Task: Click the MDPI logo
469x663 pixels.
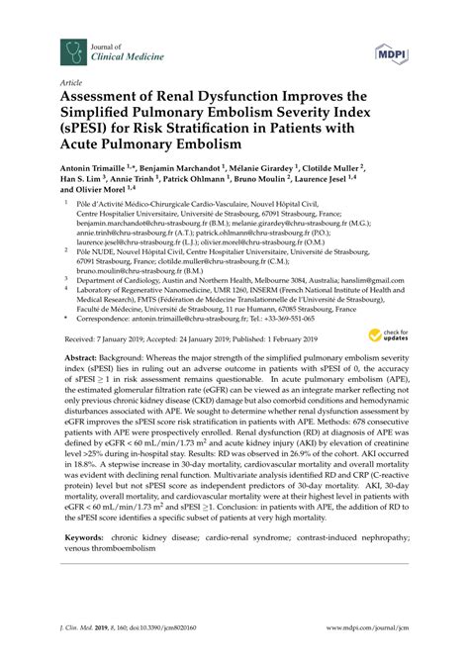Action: point(391,49)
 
